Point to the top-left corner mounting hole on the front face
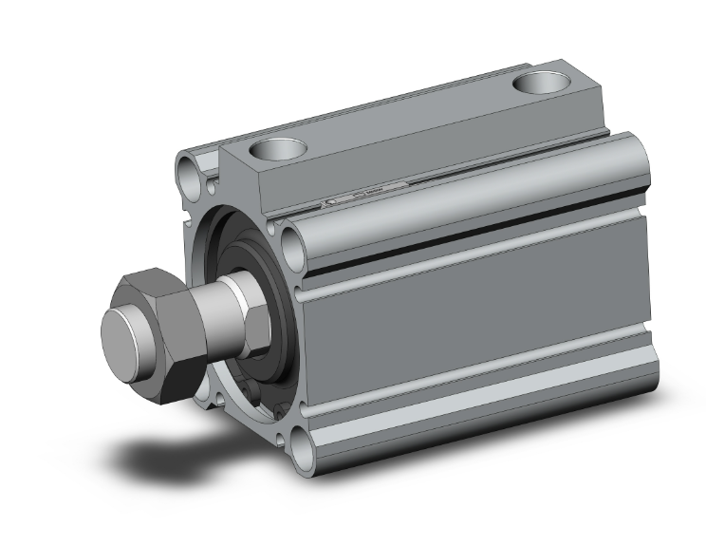click(187, 172)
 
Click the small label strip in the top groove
click(365, 196)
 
